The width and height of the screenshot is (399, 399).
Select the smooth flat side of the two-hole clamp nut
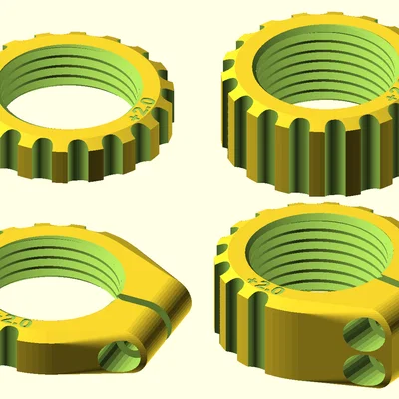point(299,349)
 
